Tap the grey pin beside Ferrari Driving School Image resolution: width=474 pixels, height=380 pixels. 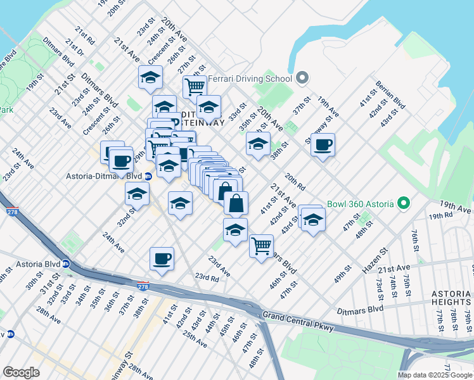[x=302, y=79]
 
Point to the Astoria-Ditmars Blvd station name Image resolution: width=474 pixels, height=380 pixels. [x=103, y=177]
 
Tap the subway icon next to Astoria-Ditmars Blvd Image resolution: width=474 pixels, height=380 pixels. [x=148, y=177]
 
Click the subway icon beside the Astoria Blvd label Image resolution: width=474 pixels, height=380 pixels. [x=66, y=264]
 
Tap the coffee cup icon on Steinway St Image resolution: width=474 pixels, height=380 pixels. [x=323, y=145]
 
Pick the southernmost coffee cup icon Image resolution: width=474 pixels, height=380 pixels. [x=162, y=258]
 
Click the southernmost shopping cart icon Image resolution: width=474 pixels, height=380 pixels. [x=261, y=245]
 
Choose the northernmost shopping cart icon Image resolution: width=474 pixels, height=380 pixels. [x=195, y=86]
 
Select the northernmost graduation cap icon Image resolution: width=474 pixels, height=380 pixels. [x=150, y=77]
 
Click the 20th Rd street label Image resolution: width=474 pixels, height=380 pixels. [x=295, y=182]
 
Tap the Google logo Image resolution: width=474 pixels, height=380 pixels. [x=21, y=372]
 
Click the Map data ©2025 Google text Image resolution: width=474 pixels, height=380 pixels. [x=435, y=375]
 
